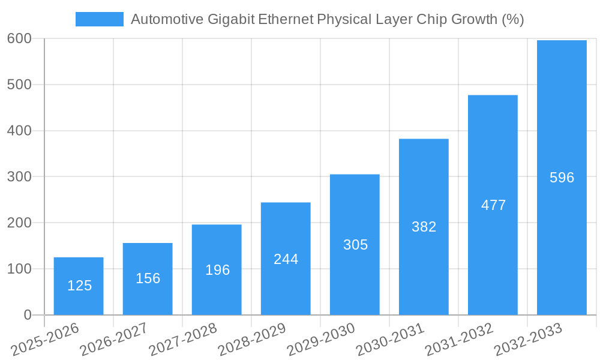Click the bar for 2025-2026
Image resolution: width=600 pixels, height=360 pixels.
coord(79,286)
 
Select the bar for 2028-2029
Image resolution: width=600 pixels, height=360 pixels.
coord(286,259)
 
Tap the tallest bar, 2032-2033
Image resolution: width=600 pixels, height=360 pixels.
coord(562,178)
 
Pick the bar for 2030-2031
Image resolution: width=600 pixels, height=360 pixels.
coord(424,227)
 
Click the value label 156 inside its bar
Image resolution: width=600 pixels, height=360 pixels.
coord(148,278)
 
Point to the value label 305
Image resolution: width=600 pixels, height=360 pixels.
coord(355,245)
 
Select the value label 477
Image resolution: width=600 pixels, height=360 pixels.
coord(493,205)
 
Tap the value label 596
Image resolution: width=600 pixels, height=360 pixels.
coord(562,178)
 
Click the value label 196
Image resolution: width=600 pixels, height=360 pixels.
coord(217,270)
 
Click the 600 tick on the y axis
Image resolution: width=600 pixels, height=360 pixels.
coord(19,38)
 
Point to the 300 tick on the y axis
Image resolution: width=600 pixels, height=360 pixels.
coord(19,176)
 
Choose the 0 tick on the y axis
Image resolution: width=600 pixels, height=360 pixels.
coord(28,315)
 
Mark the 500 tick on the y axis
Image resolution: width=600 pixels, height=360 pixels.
coord(19,85)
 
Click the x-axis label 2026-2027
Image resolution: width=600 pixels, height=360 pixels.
coord(113,340)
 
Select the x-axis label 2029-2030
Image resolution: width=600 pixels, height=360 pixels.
coord(320,340)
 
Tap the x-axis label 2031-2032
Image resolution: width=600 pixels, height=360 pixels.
coord(458,340)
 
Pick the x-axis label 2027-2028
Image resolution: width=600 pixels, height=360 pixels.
coord(182,340)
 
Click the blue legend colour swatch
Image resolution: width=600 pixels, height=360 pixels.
coord(99,19)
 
